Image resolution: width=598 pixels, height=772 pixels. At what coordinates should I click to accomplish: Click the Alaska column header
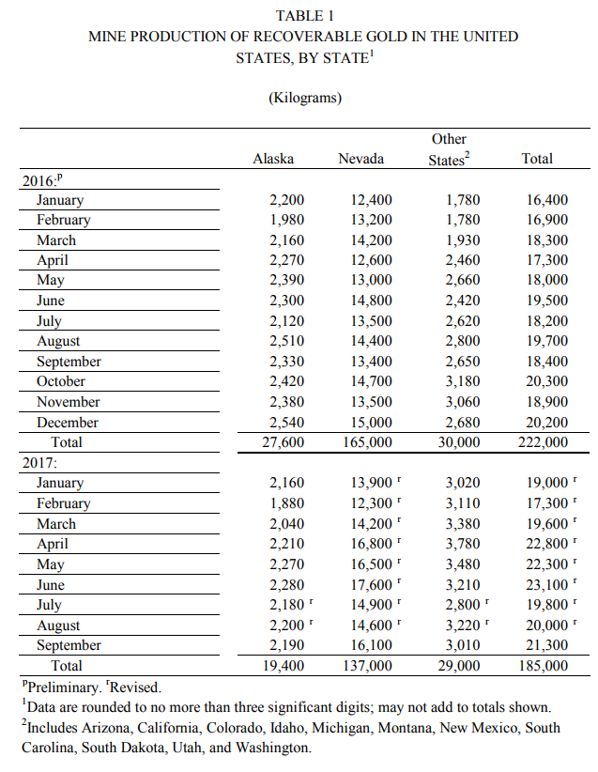tap(273, 159)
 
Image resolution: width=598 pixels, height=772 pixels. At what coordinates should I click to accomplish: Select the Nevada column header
tap(360, 159)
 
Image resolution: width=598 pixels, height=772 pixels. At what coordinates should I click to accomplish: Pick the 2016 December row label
tap(68, 423)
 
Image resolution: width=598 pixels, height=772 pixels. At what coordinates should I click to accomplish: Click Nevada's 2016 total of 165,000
tap(364, 442)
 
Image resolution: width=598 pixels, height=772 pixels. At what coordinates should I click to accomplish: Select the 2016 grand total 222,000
tap(542, 442)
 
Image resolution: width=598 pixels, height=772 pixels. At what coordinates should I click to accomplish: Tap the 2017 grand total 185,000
tap(542, 665)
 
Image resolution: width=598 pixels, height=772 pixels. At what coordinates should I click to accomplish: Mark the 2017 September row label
tap(69, 645)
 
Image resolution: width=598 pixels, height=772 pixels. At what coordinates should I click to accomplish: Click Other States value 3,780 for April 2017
tap(460, 544)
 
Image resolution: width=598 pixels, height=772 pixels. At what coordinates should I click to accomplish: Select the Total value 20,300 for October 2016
tap(548, 381)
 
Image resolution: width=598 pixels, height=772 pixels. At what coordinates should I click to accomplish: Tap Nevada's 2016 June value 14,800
tap(371, 301)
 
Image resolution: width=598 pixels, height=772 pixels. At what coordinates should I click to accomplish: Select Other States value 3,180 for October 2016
tap(460, 381)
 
